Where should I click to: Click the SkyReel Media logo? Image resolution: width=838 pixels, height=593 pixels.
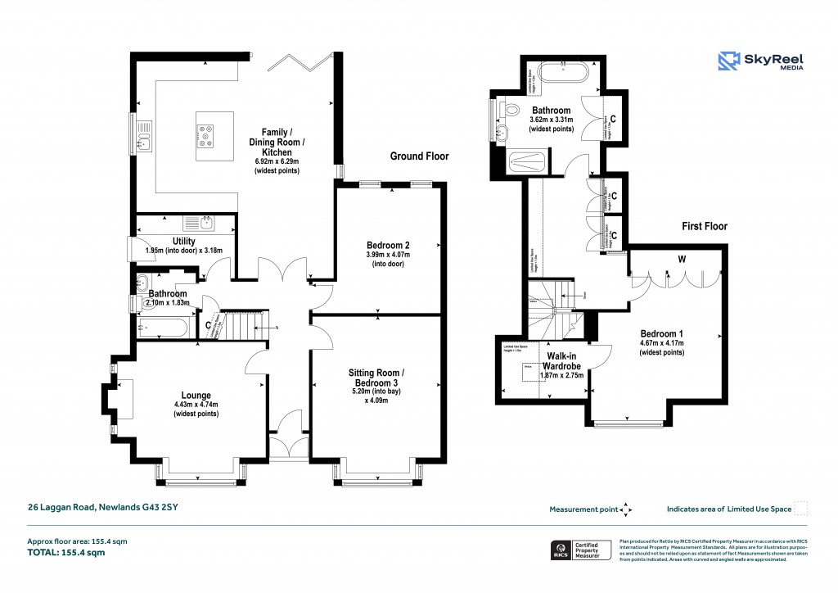759,61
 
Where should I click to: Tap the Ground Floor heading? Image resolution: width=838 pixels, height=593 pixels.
419,156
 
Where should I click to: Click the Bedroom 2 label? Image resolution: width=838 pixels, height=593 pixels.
388,245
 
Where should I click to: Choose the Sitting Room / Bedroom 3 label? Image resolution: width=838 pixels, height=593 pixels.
376,378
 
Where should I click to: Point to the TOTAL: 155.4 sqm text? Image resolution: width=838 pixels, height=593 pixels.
67,553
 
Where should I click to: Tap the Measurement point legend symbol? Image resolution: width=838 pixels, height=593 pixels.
626,509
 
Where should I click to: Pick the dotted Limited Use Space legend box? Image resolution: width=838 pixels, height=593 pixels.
801,509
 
